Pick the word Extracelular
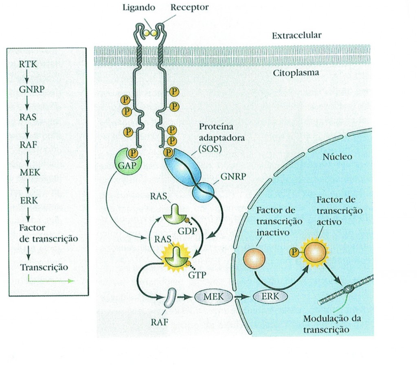296,35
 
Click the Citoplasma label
295,74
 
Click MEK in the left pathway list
30,172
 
